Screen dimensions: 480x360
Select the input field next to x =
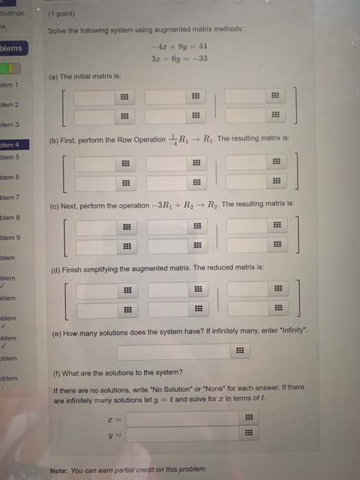point(193,418)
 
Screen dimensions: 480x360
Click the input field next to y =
point(193,433)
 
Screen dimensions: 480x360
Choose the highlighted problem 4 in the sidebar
point(12,145)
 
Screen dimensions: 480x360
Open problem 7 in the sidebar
point(11,197)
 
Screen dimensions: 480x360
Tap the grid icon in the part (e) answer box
point(240,352)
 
